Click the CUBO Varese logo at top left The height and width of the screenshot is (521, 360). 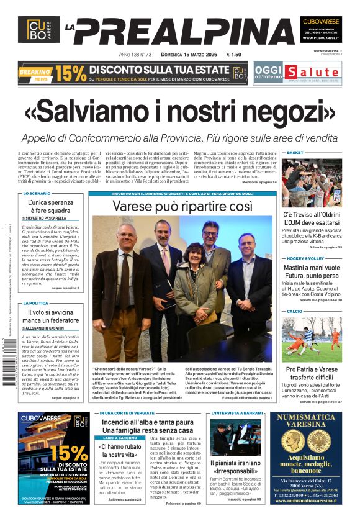click(x=38, y=29)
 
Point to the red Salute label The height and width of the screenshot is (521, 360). click(x=302, y=71)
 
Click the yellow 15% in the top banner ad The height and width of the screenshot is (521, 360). click(x=70, y=73)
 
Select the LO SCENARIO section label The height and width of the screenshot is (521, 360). click(x=37, y=194)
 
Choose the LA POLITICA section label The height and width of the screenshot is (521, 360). click(x=37, y=303)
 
